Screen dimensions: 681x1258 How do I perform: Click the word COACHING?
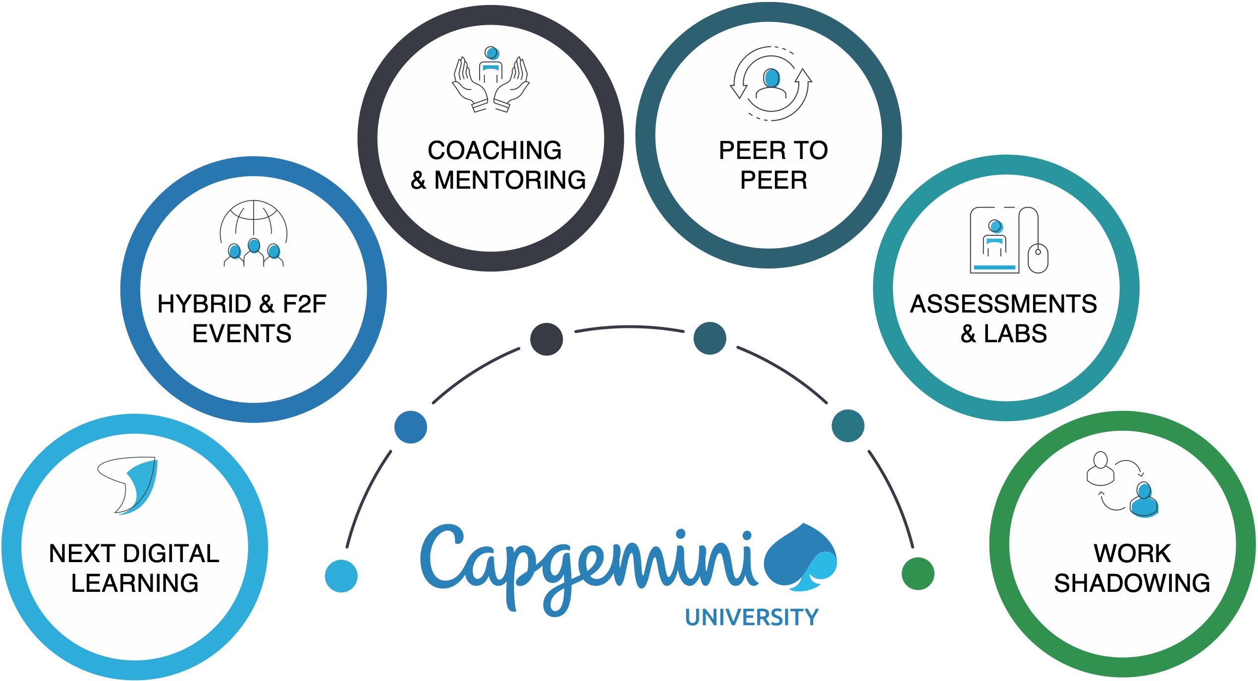pos(494,150)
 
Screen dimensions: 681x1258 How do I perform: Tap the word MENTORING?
pos(510,180)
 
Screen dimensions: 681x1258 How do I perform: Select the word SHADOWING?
pos(1132,583)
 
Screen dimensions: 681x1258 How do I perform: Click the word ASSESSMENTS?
pos(1003,304)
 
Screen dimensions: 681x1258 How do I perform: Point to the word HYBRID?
pos(204,304)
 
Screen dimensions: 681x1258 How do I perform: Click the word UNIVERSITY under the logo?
pos(752,617)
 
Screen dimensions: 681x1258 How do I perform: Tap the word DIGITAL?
pos(171,553)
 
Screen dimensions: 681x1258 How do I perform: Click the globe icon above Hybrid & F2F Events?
pos(254,220)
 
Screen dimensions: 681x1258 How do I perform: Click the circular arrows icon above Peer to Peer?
pos(771,84)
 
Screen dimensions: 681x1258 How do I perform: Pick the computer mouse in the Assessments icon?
pos(1038,258)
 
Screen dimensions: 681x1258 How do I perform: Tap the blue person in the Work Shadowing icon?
pos(1144,501)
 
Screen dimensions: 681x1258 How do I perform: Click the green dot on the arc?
pos(918,574)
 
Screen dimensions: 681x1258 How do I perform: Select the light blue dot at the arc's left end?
pos(341,576)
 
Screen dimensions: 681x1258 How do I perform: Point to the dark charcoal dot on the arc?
pos(546,339)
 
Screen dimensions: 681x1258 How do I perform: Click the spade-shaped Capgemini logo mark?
pos(800,557)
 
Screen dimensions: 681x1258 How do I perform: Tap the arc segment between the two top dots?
pos(629,327)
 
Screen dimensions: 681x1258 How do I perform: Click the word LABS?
pos(1015,333)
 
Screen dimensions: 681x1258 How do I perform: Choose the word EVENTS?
pos(242,333)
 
